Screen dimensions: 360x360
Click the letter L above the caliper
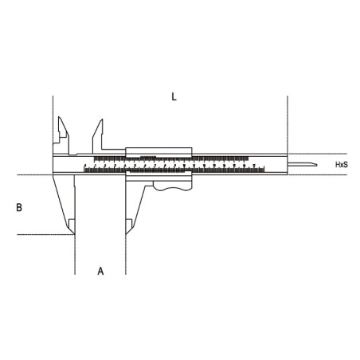(x=174, y=96)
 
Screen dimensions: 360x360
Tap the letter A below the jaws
(x=100, y=271)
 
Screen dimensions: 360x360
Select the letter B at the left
(x=19, y=207)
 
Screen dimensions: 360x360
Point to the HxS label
(x=340, y=165)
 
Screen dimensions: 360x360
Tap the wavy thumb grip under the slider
(x=170, y=186)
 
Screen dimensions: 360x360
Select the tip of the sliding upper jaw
(x=100, y=121)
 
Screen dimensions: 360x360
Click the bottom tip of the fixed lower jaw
(x=72, y=233)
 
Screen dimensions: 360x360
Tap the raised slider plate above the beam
(x=159, y=151)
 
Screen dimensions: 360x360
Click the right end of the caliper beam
(x=286, y=165)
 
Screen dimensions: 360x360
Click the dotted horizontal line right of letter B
(x=40, y=234)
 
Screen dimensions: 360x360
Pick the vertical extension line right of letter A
(x=124, y=255)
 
